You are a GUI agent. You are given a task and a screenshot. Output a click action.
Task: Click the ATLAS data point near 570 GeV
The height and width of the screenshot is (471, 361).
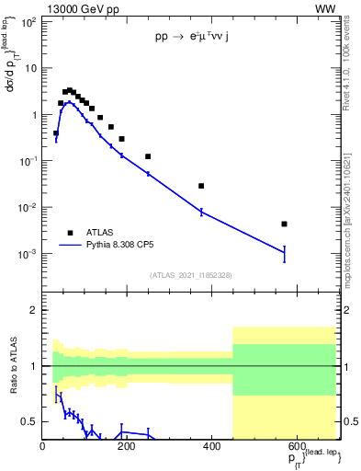pyautogui.click(x=285, y=224)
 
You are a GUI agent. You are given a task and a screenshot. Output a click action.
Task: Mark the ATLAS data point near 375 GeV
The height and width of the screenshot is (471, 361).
pyautogui.click(x=201, y=186)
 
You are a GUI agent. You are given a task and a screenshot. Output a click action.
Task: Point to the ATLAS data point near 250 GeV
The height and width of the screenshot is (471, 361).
pyautogui.click(x=148, y=156)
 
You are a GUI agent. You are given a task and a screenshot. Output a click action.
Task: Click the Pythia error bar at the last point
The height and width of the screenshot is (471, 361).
pyautogui.click(x=285, y=253)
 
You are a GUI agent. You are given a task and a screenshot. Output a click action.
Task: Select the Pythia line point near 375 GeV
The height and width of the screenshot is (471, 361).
pyautogui.click(x=201, y=212)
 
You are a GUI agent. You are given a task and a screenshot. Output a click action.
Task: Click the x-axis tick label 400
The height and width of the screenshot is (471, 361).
pyautogui.click(x=211, y=446)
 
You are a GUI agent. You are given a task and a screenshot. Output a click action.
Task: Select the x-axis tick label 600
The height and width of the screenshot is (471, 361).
pyautogui.click(x=296, y=446)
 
